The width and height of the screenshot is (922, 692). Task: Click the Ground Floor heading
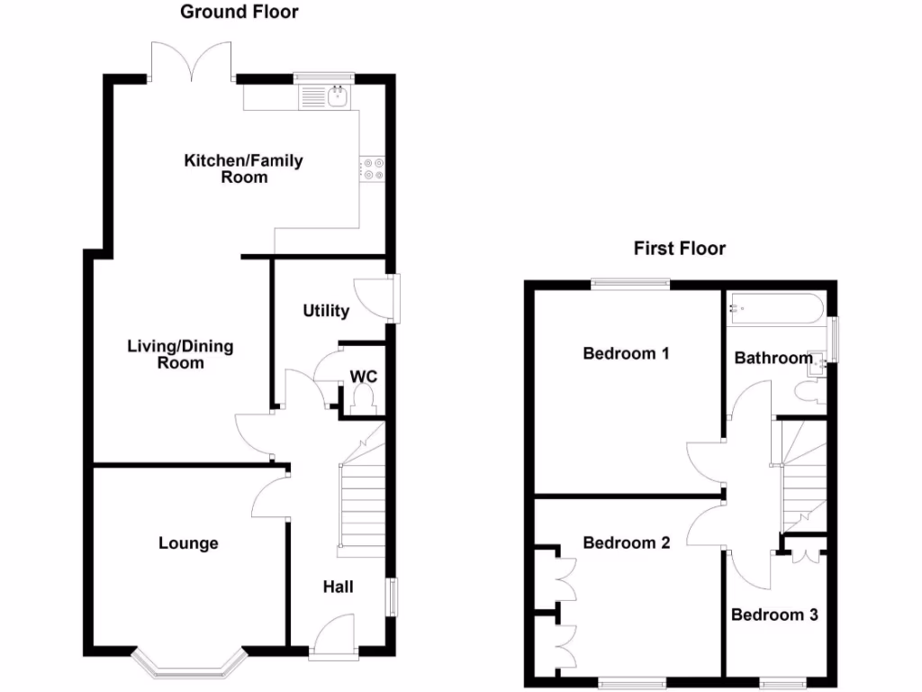pyautogui.click(x=240, y=12)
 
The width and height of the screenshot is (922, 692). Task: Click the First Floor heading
pyautogui.click(x=679, y=249)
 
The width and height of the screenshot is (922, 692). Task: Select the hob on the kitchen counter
pyautogui.click(x=372, y=168)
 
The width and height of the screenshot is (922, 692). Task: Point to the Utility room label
pyautogui.click(x=326, y=311)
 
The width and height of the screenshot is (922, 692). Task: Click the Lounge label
pyautogui.click(x=188, y=543)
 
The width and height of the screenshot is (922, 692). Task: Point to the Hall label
pyautogui.click(x=339, y=587)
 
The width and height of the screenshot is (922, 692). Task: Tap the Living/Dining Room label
pyautogui.click(x=180, y=354)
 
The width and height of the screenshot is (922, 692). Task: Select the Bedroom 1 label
pyautogui.click(x=626, y=353)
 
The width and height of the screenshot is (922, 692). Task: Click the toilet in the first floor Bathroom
pyautogui.click(x=809, y=390)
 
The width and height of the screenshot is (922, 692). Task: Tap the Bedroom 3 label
pyautogui.click(x=774, y=615)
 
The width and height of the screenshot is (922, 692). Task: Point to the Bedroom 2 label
pyautogui.click(x=627, y=543)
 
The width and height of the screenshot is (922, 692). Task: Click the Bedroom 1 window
pyautogui.click(x=630, y=285)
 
